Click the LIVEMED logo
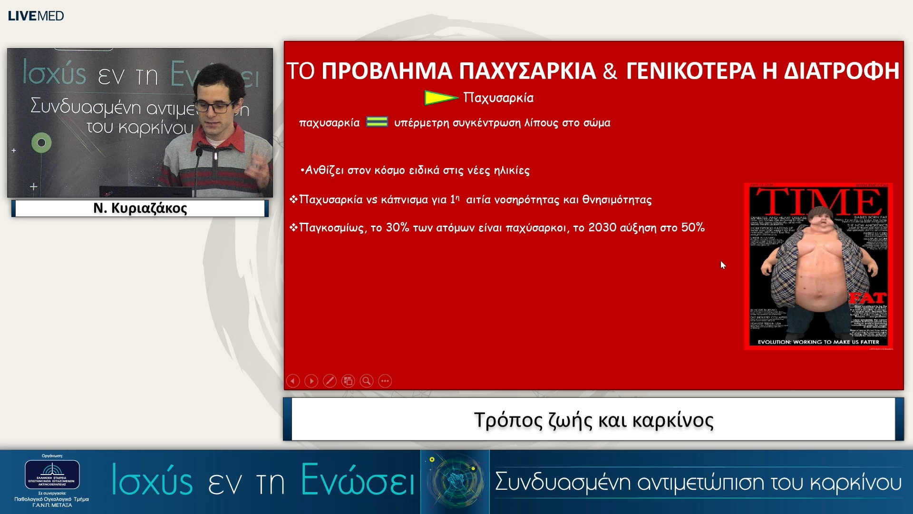tap(36, 16)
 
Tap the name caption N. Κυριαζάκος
tap(140, 208)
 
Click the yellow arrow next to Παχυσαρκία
tap(440, 98)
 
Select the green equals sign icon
tap(377, 122)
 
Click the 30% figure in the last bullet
tap(397, 227)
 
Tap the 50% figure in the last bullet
tap(692, 227)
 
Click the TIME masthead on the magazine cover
tap(818, 201)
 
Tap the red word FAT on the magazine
tap(868, 298)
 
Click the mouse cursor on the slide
tap(723, 265)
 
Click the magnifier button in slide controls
tap(366, 381)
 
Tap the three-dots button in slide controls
tap(385, 381)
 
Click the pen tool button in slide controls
tap(330, 381)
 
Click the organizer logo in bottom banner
tap(52, 474)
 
